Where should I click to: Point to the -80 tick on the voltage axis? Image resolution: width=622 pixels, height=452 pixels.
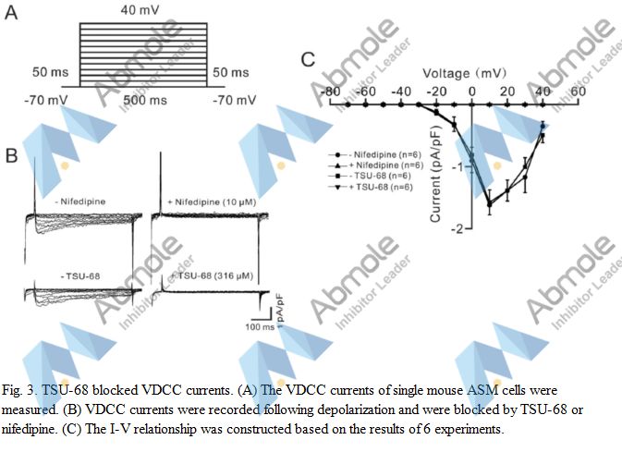coord(327,92)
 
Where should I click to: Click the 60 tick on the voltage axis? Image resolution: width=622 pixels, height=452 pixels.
coord(578,92)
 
